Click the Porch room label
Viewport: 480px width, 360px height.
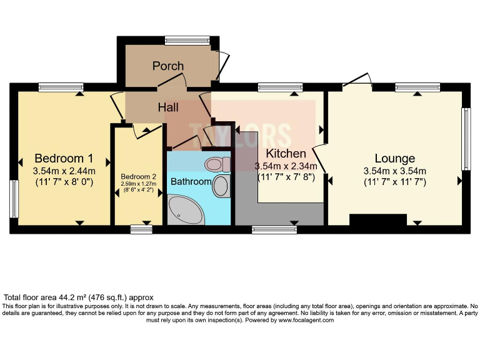point(168,66)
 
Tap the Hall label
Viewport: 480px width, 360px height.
point(168,107)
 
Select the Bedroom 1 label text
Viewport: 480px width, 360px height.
point(64,157)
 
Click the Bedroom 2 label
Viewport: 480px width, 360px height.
point(139,177)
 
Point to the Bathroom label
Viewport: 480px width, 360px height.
point(191,181)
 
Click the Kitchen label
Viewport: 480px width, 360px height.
point(286,153)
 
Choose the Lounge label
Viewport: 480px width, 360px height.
point(395,158)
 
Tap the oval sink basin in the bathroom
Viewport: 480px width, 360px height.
point(221,186)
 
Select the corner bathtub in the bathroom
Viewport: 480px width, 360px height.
point(184,209)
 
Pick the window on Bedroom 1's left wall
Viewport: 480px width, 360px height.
point(13,199)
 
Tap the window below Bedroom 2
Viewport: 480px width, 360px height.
point(141,230)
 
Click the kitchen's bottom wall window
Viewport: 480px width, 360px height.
point(274,230)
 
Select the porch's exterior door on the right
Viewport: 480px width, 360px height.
point(223,65)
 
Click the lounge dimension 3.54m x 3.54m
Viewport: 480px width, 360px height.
point(395,171)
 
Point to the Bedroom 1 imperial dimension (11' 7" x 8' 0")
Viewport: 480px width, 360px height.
point(64,183)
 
